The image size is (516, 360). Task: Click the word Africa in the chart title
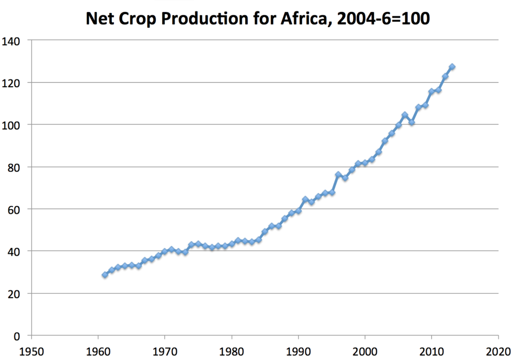click(305, 19)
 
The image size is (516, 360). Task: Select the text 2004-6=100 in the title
click(383, 19)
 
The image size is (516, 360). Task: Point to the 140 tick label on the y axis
click(11, 41)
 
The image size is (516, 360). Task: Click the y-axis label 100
click(11, 126)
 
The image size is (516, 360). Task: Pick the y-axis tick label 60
click(14, 210)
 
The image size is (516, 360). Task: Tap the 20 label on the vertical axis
click(14, 294)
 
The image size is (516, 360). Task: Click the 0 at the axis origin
click(17, 336)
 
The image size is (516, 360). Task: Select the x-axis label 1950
click(32, 351)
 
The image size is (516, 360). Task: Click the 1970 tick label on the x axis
click(165, 351)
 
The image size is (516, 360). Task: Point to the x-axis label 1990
click(298, 351)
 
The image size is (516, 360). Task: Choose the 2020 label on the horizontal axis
click(498, 351)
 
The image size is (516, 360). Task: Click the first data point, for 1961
click(105, 275)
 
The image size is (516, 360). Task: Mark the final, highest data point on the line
click(452, 67)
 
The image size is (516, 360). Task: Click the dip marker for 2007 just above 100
click(412, 122)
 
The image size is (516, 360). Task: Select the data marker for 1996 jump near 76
click(338, 174)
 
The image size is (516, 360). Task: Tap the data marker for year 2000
click(365, 163)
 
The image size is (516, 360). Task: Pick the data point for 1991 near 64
click(305, 199)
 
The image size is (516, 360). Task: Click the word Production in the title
click(205, 19)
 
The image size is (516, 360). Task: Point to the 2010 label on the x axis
click(431, 351)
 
